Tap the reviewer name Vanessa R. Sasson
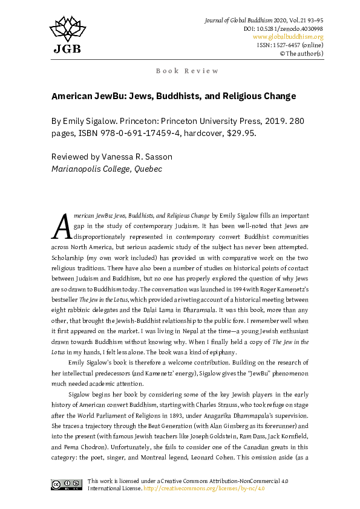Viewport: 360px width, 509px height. (x=129, y=157)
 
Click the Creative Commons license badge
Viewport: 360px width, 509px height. (x=67, y=484)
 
